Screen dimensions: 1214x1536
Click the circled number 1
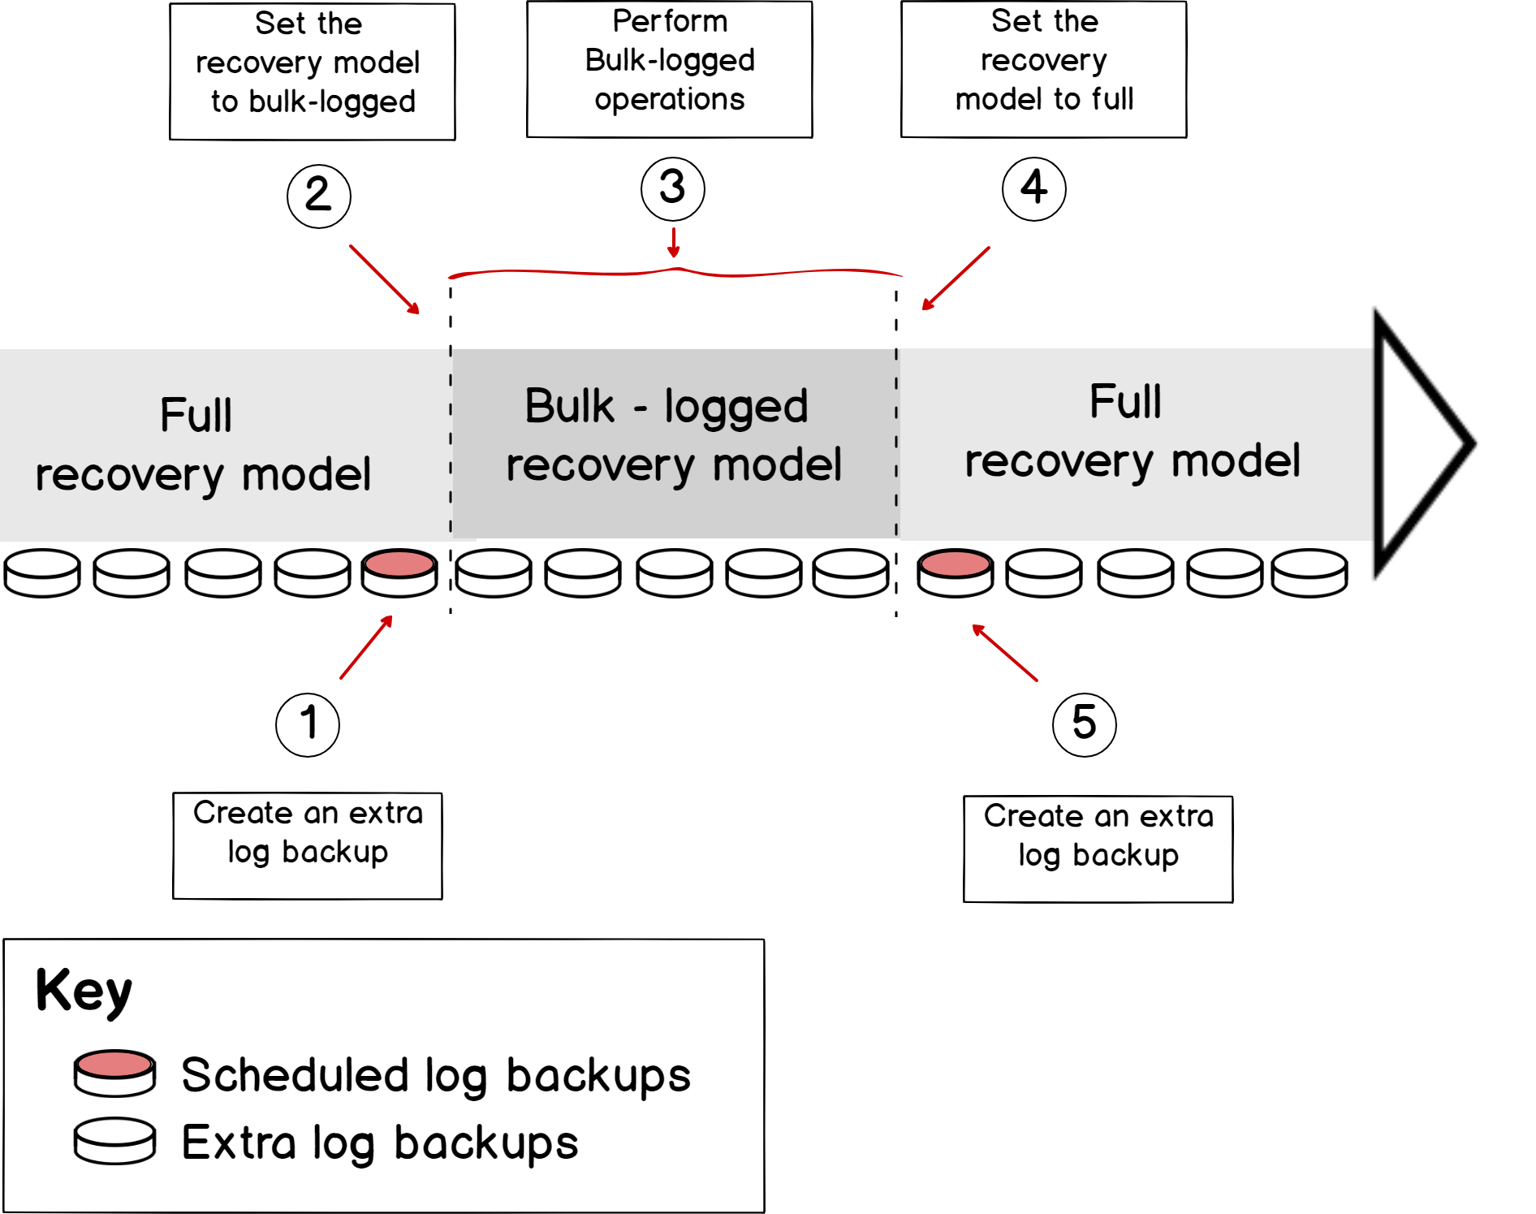(x=308, y=724)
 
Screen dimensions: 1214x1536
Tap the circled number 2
(x=318, y=196)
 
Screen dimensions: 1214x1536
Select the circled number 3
(x=672, y=188)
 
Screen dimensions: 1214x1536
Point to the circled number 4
(x=1033, y=188)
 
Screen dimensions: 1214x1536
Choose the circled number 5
(x=1084, y=724)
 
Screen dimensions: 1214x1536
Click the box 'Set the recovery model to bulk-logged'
(x=313, y=71)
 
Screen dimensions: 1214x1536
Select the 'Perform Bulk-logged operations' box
(x=670, y=69)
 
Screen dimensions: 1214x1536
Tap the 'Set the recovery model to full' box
(x=1044, y=69)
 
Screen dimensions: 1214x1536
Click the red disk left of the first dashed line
(x=399, y=572)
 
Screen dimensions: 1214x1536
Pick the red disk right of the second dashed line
(x=955, y=572)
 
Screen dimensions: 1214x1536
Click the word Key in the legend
(x=84, y=991)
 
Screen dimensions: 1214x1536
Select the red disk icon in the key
(x=114, y=1073)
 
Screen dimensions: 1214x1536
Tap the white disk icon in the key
(x=114, y=1140)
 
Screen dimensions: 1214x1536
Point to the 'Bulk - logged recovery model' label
(x=673, y=435)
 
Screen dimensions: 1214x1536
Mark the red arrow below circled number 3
(x=673, y=243)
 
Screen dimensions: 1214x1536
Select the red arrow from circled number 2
(x=385, y=279)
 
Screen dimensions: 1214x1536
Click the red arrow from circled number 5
(x=1005, y=653)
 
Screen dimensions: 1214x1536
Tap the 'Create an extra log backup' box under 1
(x=308, y=845)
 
